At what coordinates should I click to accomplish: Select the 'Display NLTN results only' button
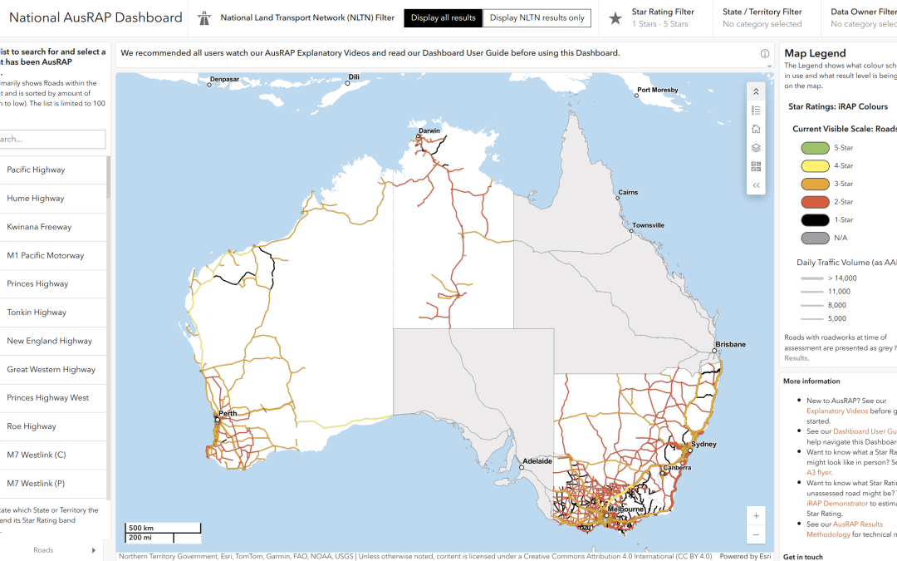tap(537, 18)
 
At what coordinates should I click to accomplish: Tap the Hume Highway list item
tap(36, 199)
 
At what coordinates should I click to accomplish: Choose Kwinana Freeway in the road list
tap(39, 227)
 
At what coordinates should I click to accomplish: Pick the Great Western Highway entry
tap(51, 370)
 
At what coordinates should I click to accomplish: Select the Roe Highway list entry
tap(32, 426)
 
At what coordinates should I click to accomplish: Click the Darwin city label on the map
tap(429, 130)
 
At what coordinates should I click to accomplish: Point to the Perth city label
tap(228, 413)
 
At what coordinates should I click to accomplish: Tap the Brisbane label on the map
tap(731, 344)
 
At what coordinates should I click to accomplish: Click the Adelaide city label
tap(537, 460)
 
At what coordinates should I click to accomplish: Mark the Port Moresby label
tap(658, 90)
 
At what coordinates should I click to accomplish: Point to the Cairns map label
tap(628, 192)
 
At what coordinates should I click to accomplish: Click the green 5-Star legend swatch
tap(815, 148)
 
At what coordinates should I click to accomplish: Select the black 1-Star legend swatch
tap(815, 220)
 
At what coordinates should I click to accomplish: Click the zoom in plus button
tap(756, 515)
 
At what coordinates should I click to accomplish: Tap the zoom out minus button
tap(756, 534)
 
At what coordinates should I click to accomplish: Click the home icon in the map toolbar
tap(756, 129)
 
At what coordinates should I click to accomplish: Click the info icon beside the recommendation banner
tap(764, 53)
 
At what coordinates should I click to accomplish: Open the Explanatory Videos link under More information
tap(835, 411)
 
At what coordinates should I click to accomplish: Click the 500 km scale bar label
tap(140, 528)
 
